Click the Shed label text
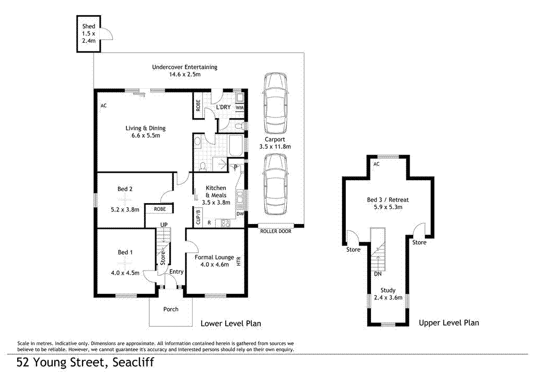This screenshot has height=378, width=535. [x=88, y=26]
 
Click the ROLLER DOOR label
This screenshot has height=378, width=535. [x=275, y=231]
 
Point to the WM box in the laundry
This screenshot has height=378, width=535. [x=239, y=108]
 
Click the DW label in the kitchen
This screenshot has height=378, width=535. [x=240, y=214]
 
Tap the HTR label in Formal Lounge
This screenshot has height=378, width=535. [x=239, y=262]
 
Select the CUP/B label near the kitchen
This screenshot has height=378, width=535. [x=198, y=216]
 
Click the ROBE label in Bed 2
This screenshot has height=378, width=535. [x=160, y=209]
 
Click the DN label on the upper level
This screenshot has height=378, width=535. [x=377, y=274]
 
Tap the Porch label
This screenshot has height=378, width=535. [x=171, y=309]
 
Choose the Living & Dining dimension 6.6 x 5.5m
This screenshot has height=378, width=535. [x=145, y=136]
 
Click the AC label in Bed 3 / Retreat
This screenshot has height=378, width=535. [x=376, y=164]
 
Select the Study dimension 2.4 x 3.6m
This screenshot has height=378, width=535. [x=388, y=298]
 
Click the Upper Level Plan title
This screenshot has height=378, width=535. [x=449, y=323]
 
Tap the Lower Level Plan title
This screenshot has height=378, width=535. [x=231, y=324]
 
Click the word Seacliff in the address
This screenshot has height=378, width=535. [x=132, y=362]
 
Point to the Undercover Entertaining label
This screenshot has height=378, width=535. [x=184, y=67]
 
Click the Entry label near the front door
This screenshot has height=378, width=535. [x=177, y=271]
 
